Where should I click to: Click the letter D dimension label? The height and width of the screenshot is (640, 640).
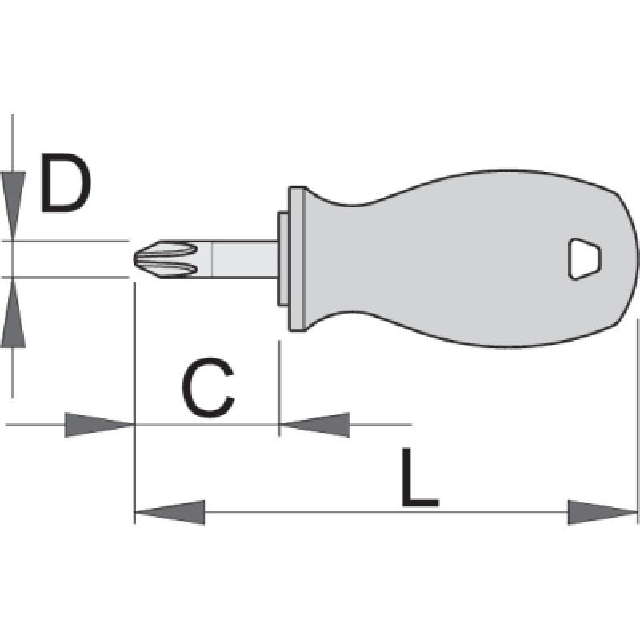(66, 185)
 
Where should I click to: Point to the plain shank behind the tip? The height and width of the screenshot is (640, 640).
(240, 258)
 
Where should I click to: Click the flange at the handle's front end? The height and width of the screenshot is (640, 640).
(297, 258)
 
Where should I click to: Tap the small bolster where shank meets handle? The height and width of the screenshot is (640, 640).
(282, 258)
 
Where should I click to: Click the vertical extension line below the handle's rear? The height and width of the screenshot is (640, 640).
(638, 416)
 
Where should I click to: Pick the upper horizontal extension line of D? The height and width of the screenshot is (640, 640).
(72, 240)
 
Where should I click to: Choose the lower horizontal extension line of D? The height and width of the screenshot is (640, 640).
(72, 277)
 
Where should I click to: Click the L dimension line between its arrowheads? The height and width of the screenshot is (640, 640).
(384, 512)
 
